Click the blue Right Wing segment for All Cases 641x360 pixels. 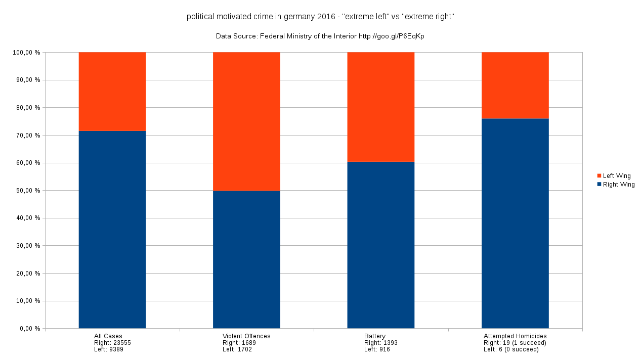[x=112, y=230]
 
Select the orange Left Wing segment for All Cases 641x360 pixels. [x=112, y=92]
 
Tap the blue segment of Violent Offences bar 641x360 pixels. [x=246, y=259]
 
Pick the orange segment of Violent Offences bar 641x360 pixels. [x=246, y=121]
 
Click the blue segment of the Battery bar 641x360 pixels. [x=380, y=245]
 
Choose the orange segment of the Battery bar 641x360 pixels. [x=380, y=107]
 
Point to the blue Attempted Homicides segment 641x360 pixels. [x=515, y=223]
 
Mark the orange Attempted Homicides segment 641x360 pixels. [x=515, y=85]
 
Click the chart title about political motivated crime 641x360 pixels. [x=320, y=17]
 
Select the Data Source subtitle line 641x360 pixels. [x=320, y=36]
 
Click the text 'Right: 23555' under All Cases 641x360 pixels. [x=113, y=343]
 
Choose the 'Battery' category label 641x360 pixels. [x=374, y=336]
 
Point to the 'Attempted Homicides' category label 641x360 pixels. [x=515, y=336]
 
